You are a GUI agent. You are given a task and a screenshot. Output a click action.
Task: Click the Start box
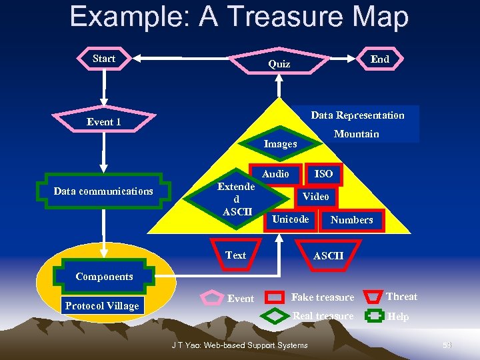click(104, 59)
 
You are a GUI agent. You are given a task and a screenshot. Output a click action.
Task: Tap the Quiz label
click(279, 65)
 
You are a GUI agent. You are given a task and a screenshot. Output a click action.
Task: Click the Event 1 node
click(104, 122)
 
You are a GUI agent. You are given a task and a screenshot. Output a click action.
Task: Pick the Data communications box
click(103, 191)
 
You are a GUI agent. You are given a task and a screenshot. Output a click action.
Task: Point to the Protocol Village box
click(102, 306)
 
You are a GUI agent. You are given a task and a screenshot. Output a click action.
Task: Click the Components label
click(104, 277)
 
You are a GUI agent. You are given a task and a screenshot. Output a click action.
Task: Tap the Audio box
click(275, 174)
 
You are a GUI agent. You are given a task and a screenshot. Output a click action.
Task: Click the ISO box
click(324, 174)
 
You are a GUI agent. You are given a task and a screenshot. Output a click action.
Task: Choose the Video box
click(315, 197)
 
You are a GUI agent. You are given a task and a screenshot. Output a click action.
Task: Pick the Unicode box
click(291, 219)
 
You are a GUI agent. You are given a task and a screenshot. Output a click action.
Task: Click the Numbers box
click(351, 220)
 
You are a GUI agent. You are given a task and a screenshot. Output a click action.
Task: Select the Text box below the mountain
click(235, 255)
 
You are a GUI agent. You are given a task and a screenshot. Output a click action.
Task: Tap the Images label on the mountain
click(280, 144)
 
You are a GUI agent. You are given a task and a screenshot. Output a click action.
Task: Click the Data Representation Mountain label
click(357, 124)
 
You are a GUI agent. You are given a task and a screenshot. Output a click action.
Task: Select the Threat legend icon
click(375, 297)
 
